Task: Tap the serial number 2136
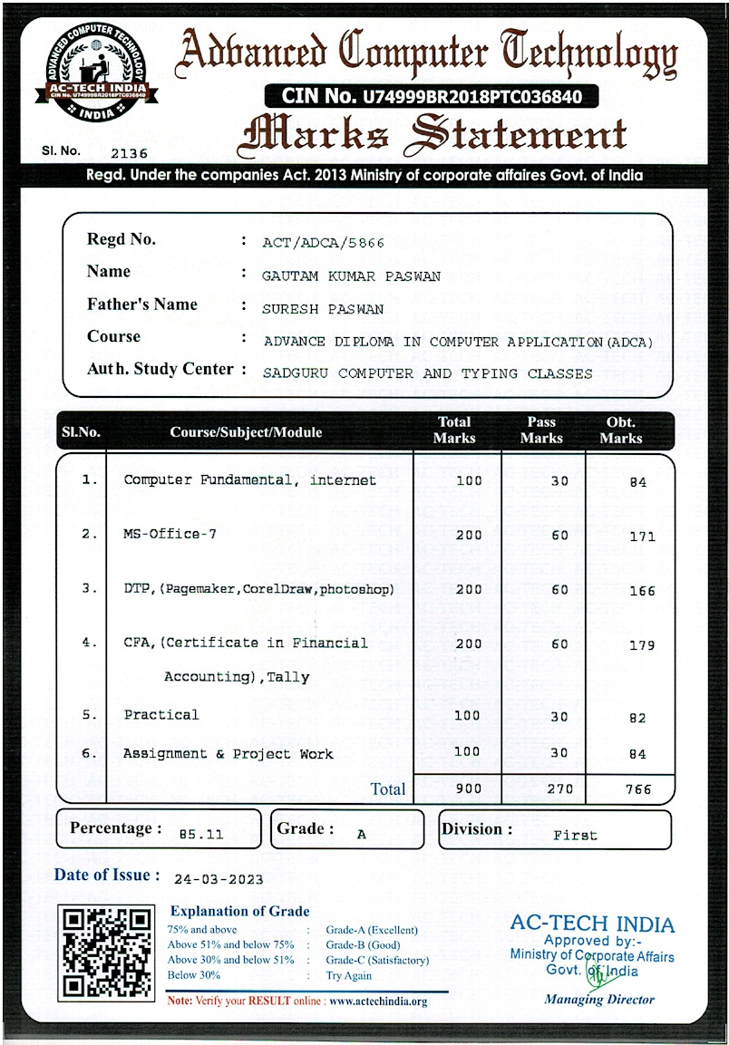(128, 154)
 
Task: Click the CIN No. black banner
(431, 95)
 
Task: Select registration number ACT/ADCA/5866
(323, 243)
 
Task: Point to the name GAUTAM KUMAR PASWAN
(351, 276)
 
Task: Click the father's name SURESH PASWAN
(322, 309)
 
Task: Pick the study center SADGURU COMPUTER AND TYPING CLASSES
(427, 373)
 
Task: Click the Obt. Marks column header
(620, 431)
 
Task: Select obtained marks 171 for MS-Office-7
(641, 537)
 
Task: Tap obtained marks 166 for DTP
(641, 591)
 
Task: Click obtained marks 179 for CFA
(641, 646)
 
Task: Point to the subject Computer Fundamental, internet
(249, 480)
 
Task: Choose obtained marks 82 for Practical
(637, 719)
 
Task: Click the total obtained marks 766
(638, 789)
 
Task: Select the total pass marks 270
(559, 789)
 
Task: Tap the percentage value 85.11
(200, 834)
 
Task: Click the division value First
(575, 835)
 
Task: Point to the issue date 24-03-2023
(219, 879)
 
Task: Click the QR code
(105, 953)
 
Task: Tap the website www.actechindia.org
(378, 1001)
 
